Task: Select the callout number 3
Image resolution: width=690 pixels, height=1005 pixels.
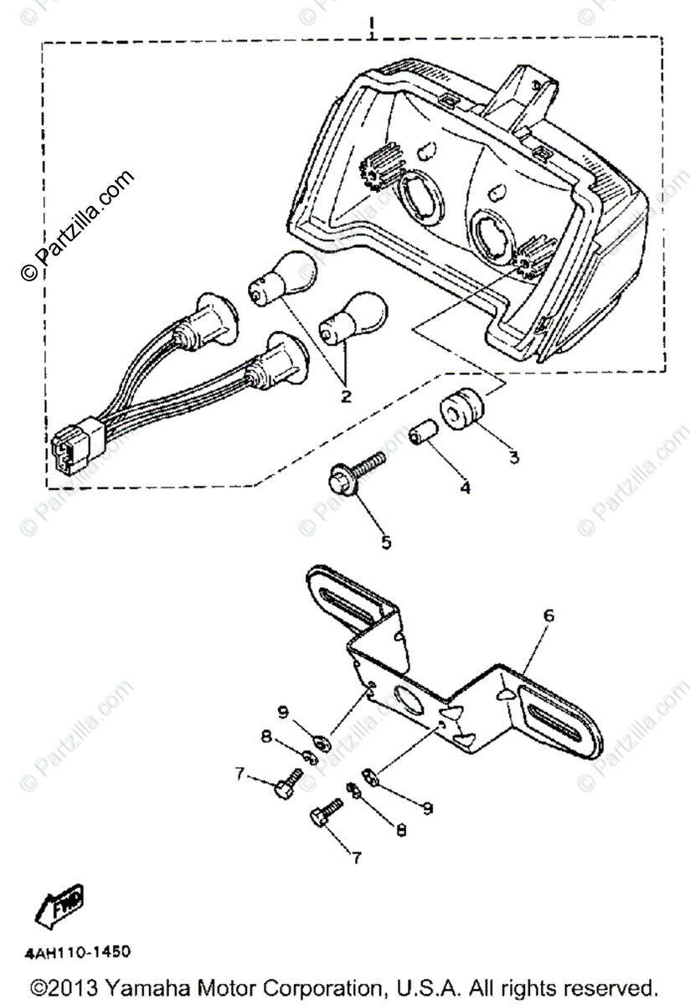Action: [512, 456]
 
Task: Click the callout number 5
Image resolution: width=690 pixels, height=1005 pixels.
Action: [386, 542]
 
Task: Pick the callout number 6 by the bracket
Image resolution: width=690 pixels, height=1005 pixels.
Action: [548, 616]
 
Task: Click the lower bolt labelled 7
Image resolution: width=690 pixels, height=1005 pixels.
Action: [325, 811]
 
